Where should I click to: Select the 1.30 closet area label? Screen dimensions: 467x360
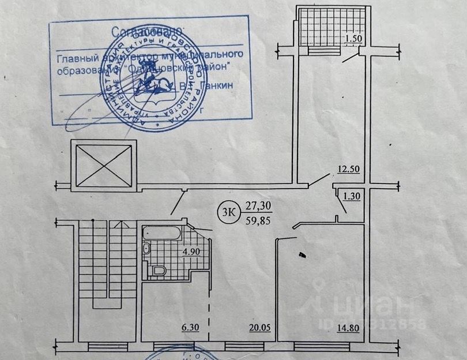click(x=351, y=196)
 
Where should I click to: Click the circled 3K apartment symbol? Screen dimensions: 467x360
click(x=227, y=211)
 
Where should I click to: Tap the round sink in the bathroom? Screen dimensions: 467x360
click(x=146, y=249)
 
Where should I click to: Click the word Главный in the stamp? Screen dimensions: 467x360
click(x=77, y=55)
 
